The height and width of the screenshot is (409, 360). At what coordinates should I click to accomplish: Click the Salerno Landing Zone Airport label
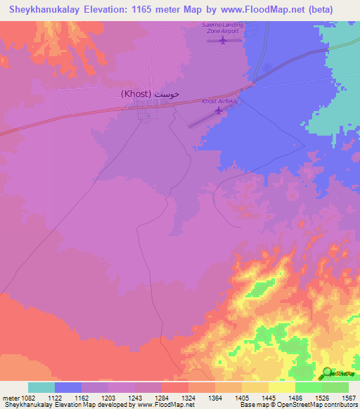tap(221, 28)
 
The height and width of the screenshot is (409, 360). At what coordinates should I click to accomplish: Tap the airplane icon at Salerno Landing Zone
tap(223, 40)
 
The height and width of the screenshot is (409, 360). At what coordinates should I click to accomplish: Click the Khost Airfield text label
tap(220, 101)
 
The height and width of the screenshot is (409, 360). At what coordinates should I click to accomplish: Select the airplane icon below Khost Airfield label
tap(218, 109)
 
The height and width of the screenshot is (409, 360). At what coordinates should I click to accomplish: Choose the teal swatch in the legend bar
tap(41, 387)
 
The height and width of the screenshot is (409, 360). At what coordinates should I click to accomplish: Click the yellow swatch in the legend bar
tap(282, 387)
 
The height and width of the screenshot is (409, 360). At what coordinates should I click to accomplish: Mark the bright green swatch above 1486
tap(309, 387)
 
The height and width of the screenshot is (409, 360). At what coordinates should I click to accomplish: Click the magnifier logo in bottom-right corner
tap(327, 372)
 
